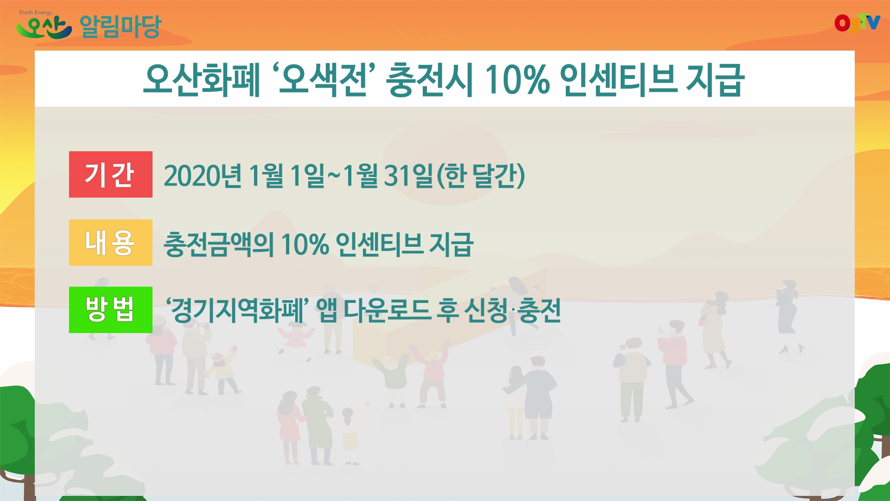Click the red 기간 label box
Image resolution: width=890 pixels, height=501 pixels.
(x=110, y=174)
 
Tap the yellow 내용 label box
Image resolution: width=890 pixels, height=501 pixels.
(x=110, y=243)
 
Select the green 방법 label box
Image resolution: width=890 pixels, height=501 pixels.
(x=110, y=310)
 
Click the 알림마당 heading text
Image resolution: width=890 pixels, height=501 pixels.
(x=120, y=27)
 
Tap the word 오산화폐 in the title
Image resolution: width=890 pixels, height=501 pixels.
(x=202, y=80)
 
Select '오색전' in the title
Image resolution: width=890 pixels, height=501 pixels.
(x=324, y=80)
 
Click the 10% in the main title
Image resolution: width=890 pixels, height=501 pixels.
(x=517, y=80)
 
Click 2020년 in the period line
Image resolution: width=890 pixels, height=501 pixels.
(x=203, y=176)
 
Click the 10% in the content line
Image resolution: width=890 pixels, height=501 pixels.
(x=305, y=244)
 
